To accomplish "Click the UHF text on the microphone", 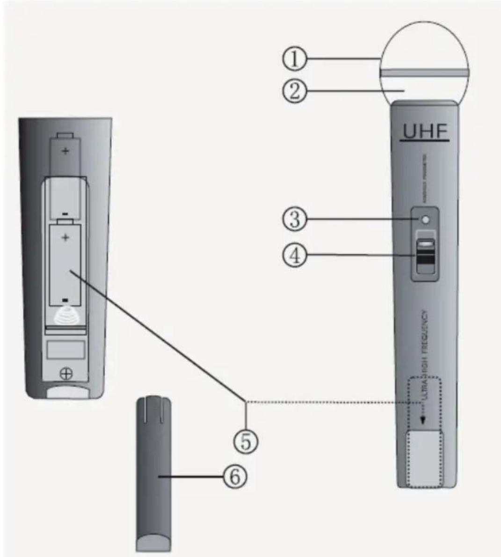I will coord(425,132).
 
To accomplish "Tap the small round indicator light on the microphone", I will coord(425,219).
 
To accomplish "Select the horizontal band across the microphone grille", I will coord(425,73).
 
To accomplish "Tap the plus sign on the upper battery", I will coord(65,151).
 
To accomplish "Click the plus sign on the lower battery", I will coord(65,237).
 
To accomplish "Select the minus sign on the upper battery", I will coord(65,214).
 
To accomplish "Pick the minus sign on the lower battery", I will coord(65,300).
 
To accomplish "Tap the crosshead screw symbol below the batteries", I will coord(66,373).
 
